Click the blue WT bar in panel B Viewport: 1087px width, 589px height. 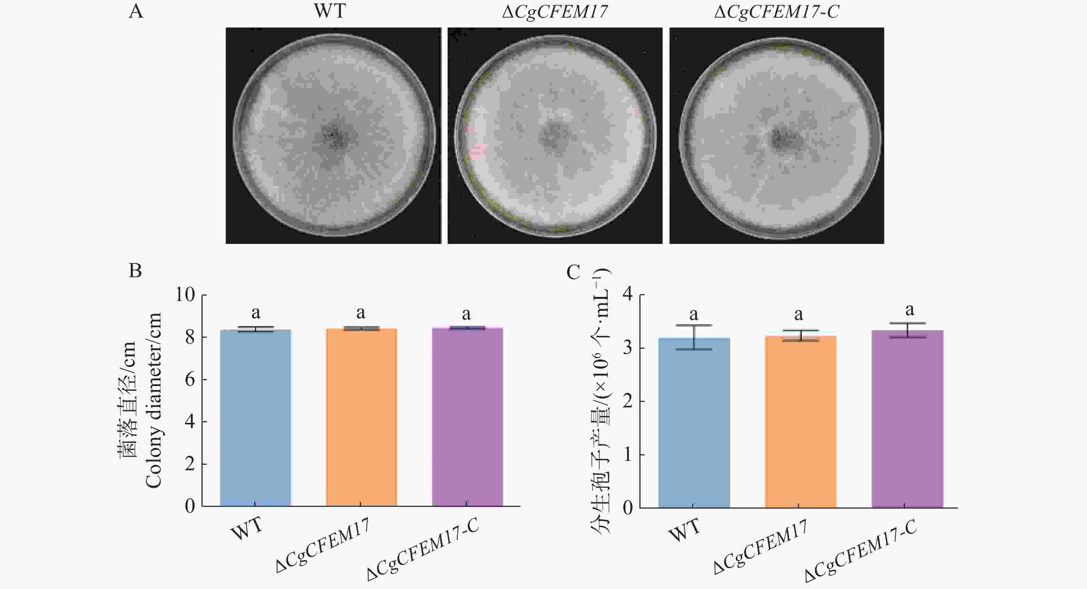255,418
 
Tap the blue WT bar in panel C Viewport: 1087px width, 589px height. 694,422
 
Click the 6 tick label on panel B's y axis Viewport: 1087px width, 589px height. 190,379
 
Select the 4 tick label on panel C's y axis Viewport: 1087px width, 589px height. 628,294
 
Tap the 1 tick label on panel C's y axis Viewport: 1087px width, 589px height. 628,455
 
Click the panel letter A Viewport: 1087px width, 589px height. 136,11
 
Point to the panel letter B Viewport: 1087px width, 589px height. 135,271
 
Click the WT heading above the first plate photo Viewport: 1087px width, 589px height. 330,11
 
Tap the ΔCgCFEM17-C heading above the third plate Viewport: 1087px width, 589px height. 776,11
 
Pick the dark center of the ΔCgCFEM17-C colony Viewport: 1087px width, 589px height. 780,138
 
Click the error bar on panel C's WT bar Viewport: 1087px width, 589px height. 694,337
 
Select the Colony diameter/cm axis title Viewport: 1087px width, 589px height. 153,400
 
